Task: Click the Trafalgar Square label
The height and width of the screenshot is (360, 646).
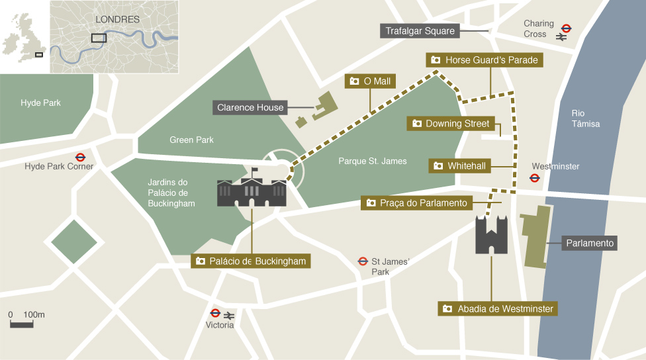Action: (x=420, y=31)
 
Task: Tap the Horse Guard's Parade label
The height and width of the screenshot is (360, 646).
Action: (x=484, y=60)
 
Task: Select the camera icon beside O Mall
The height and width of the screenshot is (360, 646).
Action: (x=354, y=81)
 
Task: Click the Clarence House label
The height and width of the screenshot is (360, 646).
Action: (x=250, y=107)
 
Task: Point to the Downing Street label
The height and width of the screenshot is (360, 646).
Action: (x=450, y=124)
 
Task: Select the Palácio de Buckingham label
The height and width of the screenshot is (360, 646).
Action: (x=251, y=261)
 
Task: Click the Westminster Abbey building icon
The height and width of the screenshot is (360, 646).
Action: (x=491, y=234)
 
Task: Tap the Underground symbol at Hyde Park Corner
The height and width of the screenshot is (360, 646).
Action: (x=80, y=157)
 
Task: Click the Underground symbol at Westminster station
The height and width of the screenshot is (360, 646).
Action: (x=534, y=177)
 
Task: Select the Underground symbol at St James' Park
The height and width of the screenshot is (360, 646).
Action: (x=363, y=261)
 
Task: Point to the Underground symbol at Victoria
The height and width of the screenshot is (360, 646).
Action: (x=215, y=314)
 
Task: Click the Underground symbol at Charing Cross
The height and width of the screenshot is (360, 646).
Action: (x=566, y=28)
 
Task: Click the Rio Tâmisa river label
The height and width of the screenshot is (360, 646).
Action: (x=586, y=118)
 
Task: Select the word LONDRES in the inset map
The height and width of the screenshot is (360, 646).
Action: (x=117, y=20)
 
